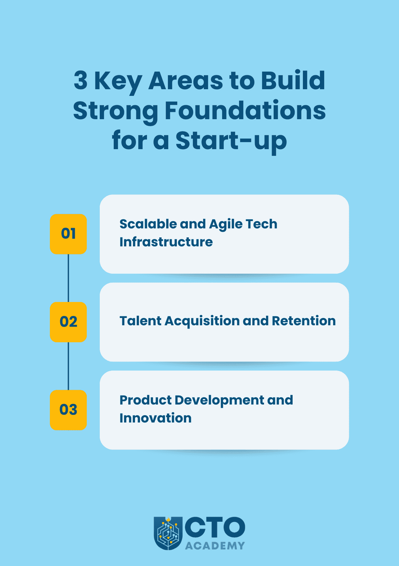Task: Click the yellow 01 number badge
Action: pyautogui.click(x=68, y=234)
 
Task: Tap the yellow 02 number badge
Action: pyautogui.click(x=68, y=322)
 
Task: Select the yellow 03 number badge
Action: pyautogui.click(x=68, y=410)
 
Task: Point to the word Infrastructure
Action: pyautogui.click(x=166, y=242)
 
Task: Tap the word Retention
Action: pyautogui.click(x=304, y=321)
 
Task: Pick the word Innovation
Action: pyautogui.click(x=155, y=418)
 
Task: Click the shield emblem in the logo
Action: pyautogui.click(x=168, y=533)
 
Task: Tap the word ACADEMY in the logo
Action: pyautogui.click(x=215, y=546)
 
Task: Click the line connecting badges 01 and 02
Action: pyautogui.click(x=68, y=278)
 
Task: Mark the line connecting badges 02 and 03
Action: pyautogui.click(x=68, y=366)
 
